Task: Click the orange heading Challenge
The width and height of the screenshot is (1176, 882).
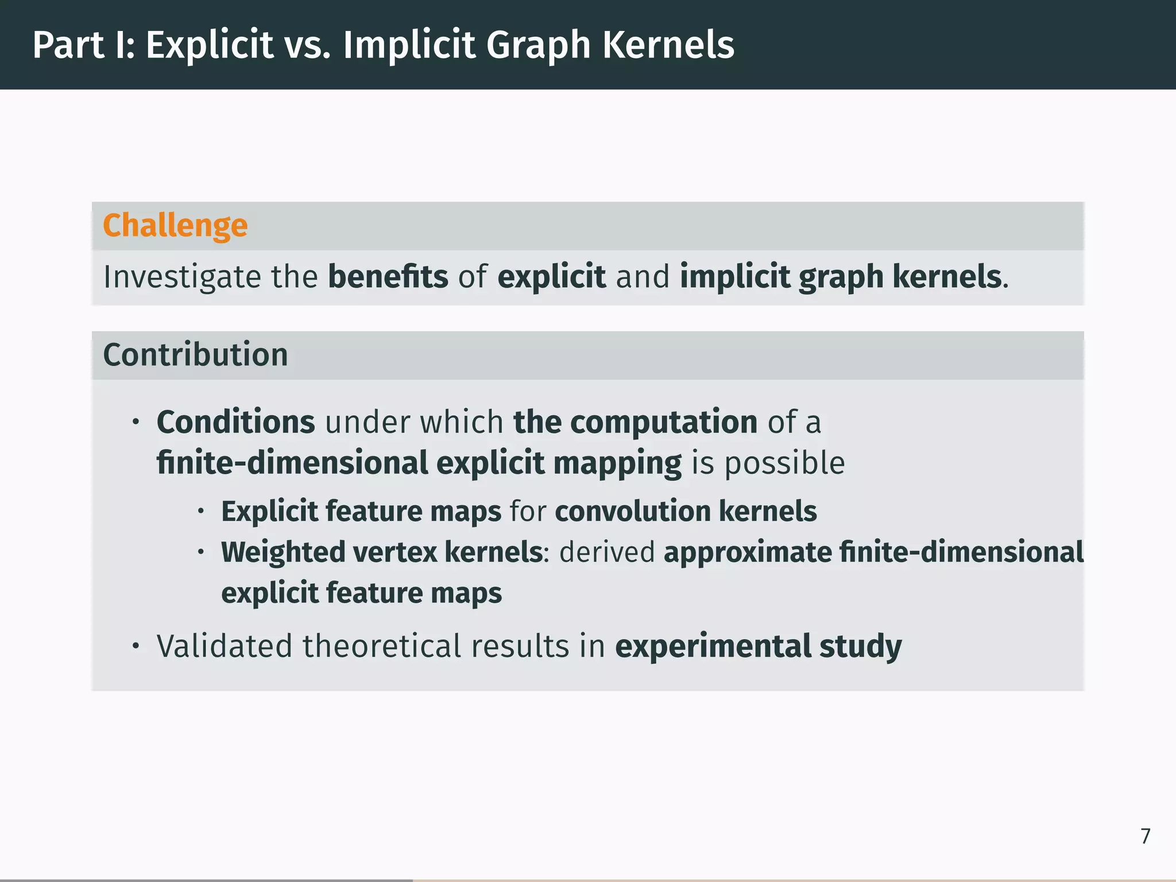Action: (x=175, y=226)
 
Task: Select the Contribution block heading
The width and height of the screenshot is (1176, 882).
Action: (x=195, y=354)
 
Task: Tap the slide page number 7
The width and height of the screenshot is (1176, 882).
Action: (x=1145, y=836)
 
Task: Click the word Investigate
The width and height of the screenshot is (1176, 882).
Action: (x=182, y=277)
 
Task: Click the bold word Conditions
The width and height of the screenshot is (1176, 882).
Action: (x=235, y=422)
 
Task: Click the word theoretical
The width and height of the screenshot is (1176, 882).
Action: (x=382, y=646)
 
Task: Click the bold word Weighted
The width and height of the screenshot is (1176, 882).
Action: (x=283, y=552)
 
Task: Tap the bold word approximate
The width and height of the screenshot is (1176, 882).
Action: (x=748, y=552)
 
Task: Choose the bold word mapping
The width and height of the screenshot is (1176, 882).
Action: (x=617, y=463)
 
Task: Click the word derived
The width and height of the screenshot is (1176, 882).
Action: (x=607, y=552)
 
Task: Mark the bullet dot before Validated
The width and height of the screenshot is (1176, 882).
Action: (x=136, y=647)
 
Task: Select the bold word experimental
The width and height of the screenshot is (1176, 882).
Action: (x=713, y=646)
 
